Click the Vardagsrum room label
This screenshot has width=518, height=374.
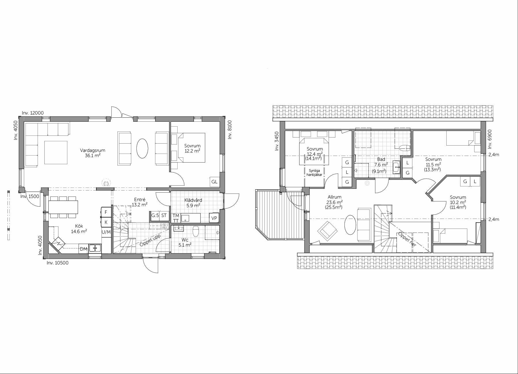pyautogui.click(x=92, y=150)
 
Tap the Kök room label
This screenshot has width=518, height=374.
pyautogui.click(x=79, y=226)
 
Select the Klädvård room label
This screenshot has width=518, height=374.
pyautogui.click(x=193, y=200)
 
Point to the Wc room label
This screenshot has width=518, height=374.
pyautogui.click(x=185, y=240)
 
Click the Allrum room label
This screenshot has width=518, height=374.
pyautogui.click(x=334, y=197)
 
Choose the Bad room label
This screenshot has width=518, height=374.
pyautogui.click(x=381, y=159)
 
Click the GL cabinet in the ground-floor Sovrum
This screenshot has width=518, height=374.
pyautogui.click(x=214, y=182)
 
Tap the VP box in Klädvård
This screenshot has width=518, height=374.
pyautogui.click(x=214, y=218)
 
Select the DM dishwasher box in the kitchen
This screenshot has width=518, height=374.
pyautogui.click(x=83, y=249)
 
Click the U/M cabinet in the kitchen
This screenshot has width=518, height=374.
pyautogui.click(x=106, y=232)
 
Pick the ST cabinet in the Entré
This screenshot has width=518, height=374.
pyautogui.click(x=164, y=215)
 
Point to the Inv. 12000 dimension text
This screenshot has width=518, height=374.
pyautogui.click(x=33, y=113)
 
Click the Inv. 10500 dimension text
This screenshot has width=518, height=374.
pyautogui.click(x=58, y=263)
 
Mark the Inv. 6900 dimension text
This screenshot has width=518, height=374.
pyautogui.click(x=490, y=139)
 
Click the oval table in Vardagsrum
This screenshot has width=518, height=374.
pyautogui.click(x=142, y=148)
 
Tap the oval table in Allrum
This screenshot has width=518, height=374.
pyautogui.click(x=350, y=225)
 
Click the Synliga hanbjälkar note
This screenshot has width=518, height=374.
pyautogui.click(x=314, y=173)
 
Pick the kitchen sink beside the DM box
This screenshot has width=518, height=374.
pyautogui.click(x=95, y=248)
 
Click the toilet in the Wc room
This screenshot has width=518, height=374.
pyautogui.click(x=196, y=231)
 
